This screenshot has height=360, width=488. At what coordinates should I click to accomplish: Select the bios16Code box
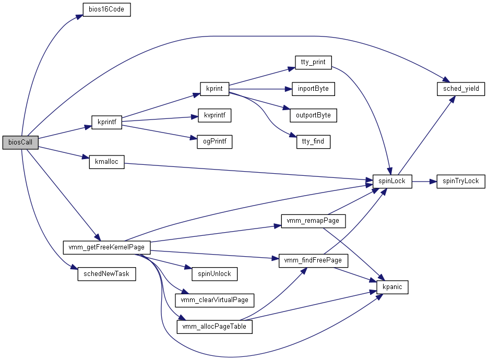[106, 10]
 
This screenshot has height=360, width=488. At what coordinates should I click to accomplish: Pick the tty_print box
[313, 62]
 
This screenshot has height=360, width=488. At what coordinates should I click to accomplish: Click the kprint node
[215, 89]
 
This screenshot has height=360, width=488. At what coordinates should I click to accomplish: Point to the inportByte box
[313, 89]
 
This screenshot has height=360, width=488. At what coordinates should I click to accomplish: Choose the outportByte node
[313, 115]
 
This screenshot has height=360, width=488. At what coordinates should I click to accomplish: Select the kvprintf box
[215, 115]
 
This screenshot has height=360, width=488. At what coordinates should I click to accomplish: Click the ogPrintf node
[215, 141]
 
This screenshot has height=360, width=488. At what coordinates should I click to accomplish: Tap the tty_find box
[313, 141]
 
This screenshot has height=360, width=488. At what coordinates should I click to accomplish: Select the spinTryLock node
[461, 182]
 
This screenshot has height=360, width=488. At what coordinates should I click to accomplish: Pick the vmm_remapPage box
[313, 221]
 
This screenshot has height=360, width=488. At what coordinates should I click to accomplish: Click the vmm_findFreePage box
[313, 260]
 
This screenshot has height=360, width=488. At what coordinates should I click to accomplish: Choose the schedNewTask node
[106, 274]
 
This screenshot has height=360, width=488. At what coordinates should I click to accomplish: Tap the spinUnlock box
[215, 273]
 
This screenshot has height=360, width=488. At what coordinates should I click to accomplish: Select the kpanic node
[392, 287]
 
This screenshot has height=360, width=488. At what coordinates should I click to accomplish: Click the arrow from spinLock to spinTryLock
[424, 182]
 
